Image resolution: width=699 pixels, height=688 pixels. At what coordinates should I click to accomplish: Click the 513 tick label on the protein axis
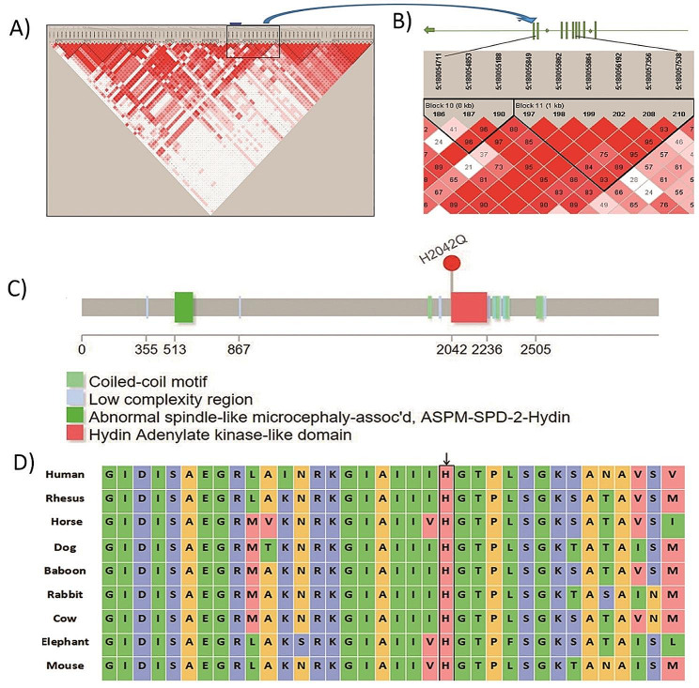(184, 350)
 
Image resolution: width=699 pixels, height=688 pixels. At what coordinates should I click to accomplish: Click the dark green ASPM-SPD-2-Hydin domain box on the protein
(184, 307)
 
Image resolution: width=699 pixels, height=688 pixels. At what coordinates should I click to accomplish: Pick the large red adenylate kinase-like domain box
(469, 307)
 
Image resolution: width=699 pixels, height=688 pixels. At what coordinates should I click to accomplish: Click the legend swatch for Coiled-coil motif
(74, 380)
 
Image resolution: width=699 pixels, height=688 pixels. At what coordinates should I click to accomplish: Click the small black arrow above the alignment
(445, 457)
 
